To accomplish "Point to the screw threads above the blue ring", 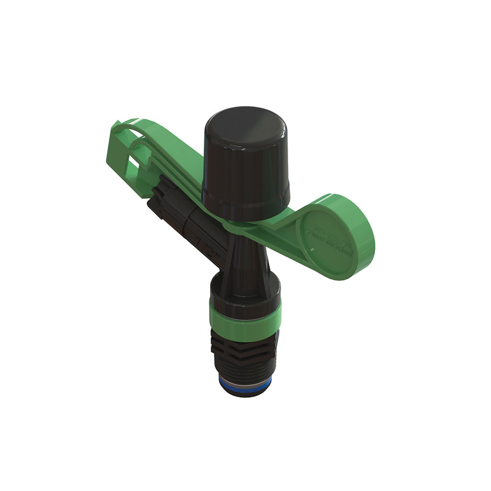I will pyautogui.click(x=245, y=369).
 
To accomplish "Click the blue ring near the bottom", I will pyautogui.click(x=245, y=383).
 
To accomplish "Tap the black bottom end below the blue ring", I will pyautogui.click(x=245, y=392).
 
